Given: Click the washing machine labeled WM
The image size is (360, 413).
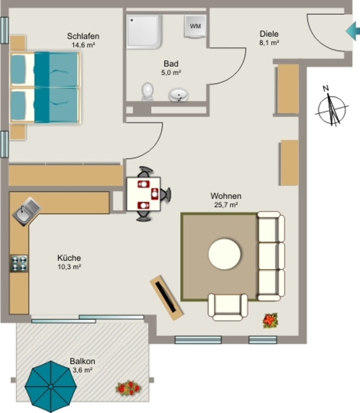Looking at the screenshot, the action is pyautogui.click(x=195, y=26).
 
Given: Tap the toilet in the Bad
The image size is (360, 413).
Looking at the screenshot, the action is pyautogui.click(x=148, y=92).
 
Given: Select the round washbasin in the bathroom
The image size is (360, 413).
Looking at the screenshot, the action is pyautogui.click(x=179, y=94).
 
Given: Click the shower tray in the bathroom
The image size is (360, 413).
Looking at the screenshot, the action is pyautogui.click(x=144, y=31).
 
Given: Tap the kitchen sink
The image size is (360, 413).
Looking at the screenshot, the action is pyautogui.click(x=26, y=211).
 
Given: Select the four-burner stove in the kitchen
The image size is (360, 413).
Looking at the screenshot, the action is pyautogui.click(x=19, y=263).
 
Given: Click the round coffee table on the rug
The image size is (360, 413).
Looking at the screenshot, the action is pyautogui.click(x=225, y=254).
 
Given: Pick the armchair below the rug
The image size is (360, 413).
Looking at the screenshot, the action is pyautogui.click(x=228, y=307).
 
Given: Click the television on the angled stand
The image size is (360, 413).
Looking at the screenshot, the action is pyautogui.click(x=166, y=297).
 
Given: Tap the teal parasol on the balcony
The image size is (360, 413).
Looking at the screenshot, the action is pyautogui.click(x=50, y=386).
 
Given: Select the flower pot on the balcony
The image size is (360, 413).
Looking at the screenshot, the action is pyautogui.click(x=129, y=388).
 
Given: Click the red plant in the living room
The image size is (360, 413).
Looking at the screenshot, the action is pyautogui.click(x=270, y=320).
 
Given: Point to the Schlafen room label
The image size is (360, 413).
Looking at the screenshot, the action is pyautogui.click(x=83, y=36).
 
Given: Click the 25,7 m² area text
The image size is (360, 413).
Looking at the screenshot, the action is pyautogui.click(x=226, y=205).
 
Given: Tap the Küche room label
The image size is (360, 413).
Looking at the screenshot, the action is pyautogui.click(x=69, y=258).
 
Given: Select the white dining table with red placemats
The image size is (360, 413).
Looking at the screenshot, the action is pyautogui.click(x=144, y=194).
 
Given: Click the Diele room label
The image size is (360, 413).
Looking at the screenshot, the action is pyautogui.click(x=269, y=34).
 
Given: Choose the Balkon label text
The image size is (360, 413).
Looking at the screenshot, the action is pyautogui.click(x=82, y=361).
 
